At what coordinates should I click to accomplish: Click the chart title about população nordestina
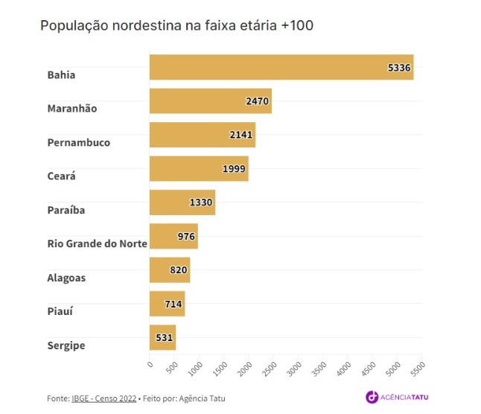pos(176,26)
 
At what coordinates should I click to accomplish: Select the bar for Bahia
pos(281,67)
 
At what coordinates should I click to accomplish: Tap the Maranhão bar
pos(210,101)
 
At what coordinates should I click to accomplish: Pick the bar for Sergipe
pos(162,337)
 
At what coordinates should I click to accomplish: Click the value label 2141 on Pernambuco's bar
pos(242,135)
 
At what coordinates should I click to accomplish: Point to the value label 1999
pos(235,169)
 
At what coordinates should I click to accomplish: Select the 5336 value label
pos(399,67)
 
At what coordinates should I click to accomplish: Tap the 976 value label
pos(186,237)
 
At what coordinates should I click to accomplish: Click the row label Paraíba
pos(66,210)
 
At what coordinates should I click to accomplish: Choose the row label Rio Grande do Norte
pos(97,243)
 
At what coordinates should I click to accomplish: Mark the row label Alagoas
pos(66,278)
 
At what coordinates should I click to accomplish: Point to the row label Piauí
pos(61,311)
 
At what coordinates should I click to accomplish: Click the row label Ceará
pos(62,176)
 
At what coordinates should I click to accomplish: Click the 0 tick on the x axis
pos(150,363)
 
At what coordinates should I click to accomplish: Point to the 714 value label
pos(173,304)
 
